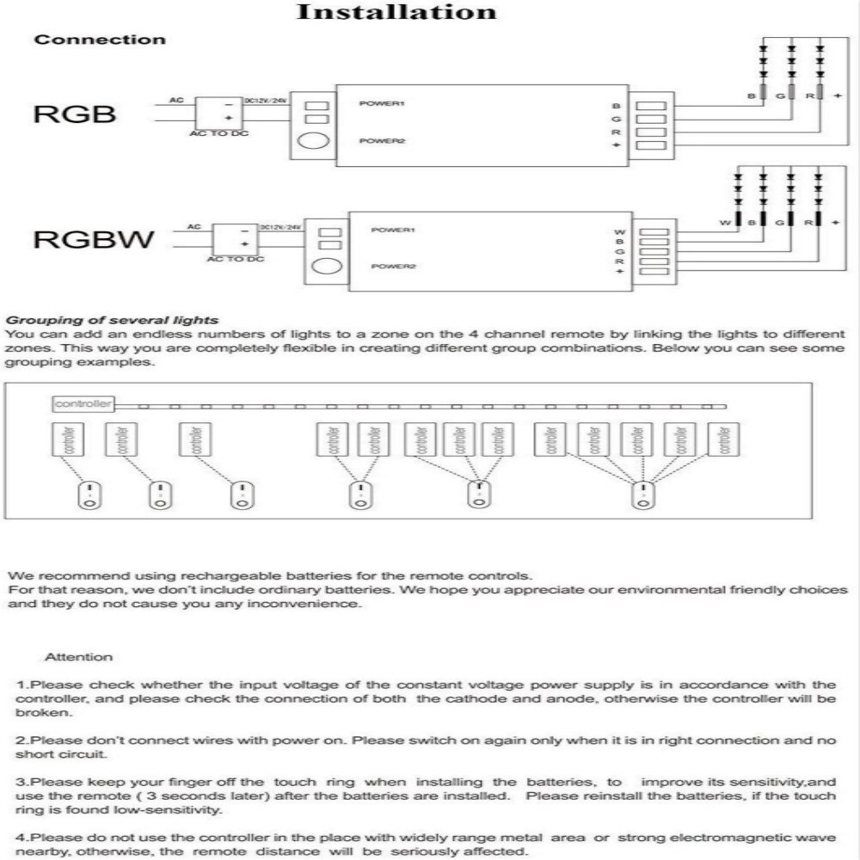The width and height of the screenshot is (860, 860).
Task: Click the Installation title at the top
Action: point(396,12)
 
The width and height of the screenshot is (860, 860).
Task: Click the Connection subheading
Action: point(100,40)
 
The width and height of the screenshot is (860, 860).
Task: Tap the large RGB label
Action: point(74,114)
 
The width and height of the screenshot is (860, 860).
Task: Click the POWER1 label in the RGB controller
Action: point(382,104)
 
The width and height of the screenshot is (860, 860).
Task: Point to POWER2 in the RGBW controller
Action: point(394,267)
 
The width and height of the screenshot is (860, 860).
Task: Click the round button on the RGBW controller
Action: point(328,268)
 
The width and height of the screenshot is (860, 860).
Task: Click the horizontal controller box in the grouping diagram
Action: point(83,403)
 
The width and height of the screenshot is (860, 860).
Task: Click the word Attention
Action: point(78,657)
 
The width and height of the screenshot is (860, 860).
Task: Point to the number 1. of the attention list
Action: point(23,685)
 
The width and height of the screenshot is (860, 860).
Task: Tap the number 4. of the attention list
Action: point(23,838)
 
